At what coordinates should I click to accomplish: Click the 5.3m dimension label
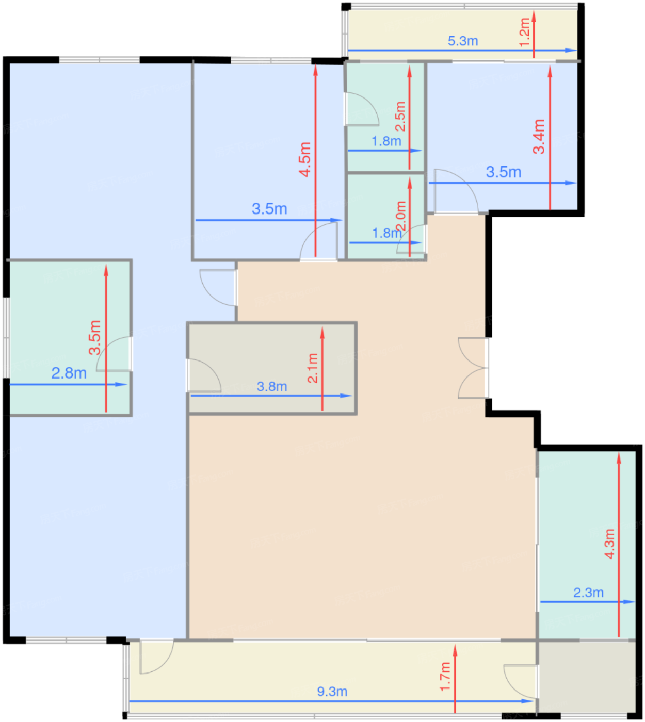click(462, 41)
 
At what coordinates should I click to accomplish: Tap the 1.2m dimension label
click(524, 32)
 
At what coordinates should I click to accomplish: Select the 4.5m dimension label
click(305, 159)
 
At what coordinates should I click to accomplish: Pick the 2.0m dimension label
click(401, 216)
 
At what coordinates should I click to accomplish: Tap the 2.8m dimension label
click(69, 373)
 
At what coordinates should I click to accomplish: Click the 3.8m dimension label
click(272, 386)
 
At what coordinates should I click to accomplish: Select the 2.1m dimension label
click(312, 368)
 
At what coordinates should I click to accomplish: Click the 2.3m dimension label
click(588, 593)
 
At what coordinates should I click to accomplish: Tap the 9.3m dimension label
click(332, 692)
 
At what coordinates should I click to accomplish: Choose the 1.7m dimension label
click(445, 677)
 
